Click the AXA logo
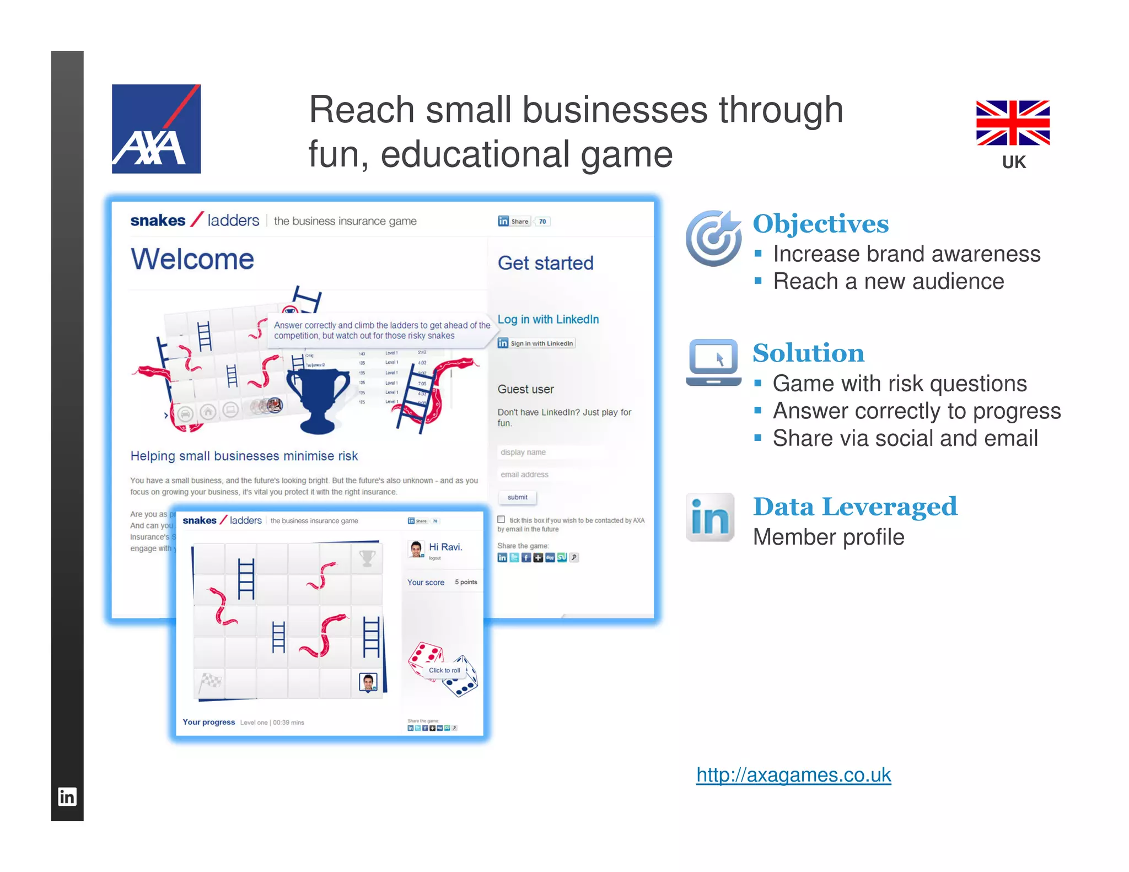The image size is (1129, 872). (156, 129)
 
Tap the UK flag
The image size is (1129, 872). (1013, 123)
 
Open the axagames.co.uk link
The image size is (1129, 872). (793, 775)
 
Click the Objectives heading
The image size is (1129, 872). (820, 224)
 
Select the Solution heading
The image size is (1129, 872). (808, 353)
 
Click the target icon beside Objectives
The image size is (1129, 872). (713, 238)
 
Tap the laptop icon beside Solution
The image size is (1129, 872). (713, 363)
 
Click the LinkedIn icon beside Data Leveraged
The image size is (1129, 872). (710, 518)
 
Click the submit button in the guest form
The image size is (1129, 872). (517, 497)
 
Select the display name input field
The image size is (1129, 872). (551, 453)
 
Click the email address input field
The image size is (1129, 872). (551, 475)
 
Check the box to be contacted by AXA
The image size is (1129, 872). (501, 519)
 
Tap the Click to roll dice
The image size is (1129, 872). (444, 670)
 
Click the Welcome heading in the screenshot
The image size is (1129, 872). (192, 259)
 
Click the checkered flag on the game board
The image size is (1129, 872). (210, 682)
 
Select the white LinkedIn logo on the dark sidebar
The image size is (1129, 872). (67, 796)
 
